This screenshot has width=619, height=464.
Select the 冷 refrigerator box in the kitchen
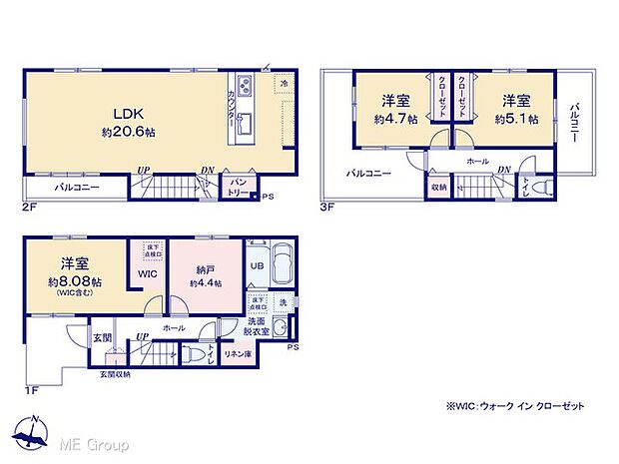pos(285,84)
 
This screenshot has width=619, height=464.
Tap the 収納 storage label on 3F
pos(439,187)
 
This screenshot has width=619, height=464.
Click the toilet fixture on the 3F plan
pos(542,187)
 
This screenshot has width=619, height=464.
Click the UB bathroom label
pos(256,266)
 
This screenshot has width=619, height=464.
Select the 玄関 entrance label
pos(101,336)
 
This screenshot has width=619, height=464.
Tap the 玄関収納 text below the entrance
pos(114,375)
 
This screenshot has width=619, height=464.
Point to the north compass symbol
pos(34,432)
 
